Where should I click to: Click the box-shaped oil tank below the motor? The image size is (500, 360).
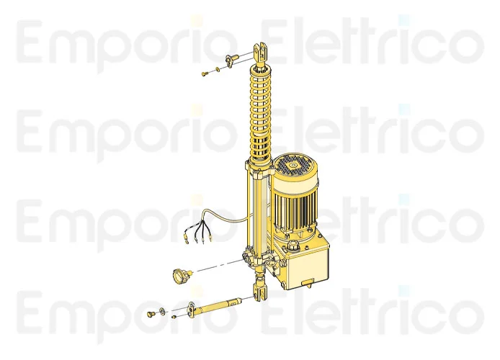click(306, 263)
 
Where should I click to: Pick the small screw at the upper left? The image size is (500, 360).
click(205, 72)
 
